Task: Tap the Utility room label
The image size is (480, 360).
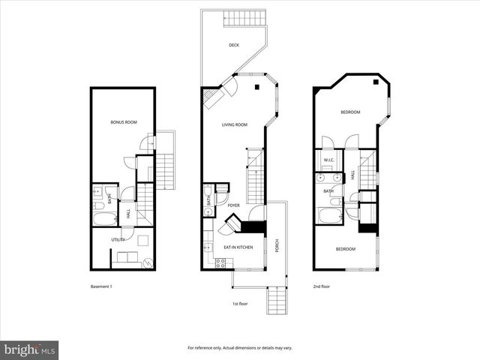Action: pos(118,239)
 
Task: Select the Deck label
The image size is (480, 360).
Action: pos(235,45)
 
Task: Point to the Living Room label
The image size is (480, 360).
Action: pos(234,124)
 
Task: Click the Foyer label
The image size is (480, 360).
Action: pos(234,205)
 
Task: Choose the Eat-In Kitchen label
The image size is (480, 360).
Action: pos(238,247)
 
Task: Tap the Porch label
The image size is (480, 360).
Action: pos(277,245)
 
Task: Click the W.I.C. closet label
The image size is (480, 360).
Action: pos(328,160)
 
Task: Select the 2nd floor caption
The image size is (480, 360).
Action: pos(322,286)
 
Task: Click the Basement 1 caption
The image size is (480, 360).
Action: pos(100,286)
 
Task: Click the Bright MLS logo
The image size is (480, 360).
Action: pos(30,349)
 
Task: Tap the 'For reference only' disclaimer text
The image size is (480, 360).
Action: pos(239,348)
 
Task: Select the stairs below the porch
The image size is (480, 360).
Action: pos(278,304)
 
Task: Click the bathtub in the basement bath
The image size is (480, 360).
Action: pos(104,219)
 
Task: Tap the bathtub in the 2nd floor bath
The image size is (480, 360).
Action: pos(328,217)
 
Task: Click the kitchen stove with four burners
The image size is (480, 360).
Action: pos(221,262)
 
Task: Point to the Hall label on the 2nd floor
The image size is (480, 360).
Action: pos(353,175)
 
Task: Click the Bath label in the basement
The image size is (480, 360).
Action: pos(109,199)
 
